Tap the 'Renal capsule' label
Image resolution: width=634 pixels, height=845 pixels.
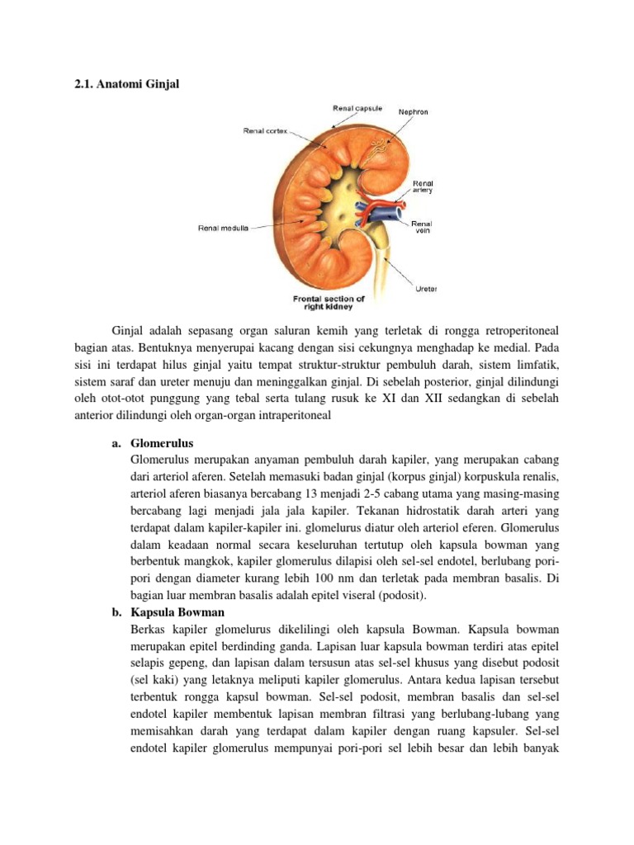(x=357, y=106)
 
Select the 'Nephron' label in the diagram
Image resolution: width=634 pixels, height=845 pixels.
(x=436, y=111)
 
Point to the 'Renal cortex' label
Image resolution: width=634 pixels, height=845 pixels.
(x=265, y=130)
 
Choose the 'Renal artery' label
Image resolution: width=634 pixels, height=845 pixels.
(x=423, y=186)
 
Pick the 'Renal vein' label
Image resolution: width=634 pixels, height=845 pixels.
(x=422, y=226)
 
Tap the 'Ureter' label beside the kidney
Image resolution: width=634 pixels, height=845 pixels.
(x=427, y=288)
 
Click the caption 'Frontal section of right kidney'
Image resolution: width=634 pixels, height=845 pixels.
(x=329, y=303)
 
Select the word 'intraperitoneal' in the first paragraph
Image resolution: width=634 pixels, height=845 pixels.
(x=292, y=416)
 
